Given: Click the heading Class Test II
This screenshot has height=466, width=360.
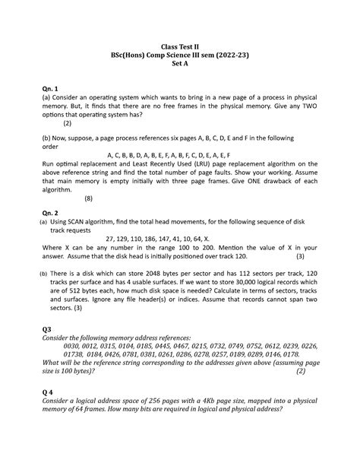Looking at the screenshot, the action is click(181, 47).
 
